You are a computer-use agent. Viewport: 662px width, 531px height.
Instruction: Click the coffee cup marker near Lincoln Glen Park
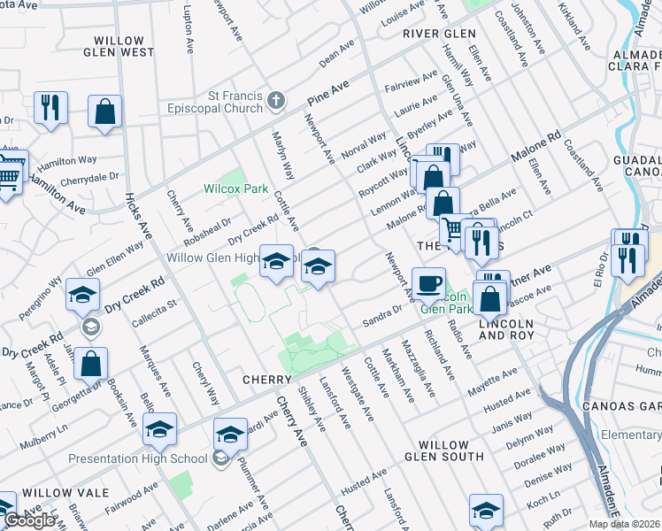click(429, 283)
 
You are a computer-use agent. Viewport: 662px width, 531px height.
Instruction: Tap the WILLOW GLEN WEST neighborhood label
click(119, 46)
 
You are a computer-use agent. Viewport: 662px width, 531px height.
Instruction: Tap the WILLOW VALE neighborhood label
click(65, 492)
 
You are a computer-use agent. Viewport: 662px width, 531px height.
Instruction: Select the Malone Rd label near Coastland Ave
click(536, 148)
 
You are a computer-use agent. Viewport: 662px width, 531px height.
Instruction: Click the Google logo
click(30, 520)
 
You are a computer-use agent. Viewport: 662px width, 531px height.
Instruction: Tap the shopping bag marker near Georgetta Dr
click(90, 363)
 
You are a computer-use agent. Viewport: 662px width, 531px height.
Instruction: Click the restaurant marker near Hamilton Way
click(50, 108)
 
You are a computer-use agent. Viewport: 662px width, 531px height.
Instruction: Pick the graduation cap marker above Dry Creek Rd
click(81, 296)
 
